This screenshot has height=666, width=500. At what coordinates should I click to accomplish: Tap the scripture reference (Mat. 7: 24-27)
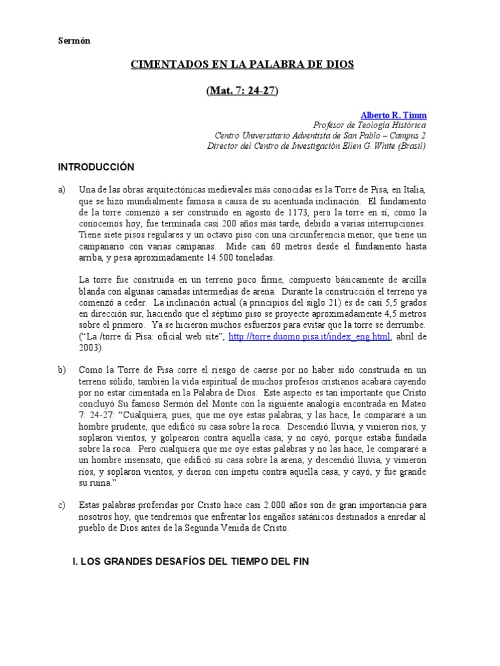click(x=243, y=90)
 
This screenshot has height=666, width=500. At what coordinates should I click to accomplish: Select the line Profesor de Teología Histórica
click(x=370, y=125)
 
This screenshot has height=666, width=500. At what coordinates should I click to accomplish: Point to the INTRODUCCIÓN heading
click(x=96, y=167)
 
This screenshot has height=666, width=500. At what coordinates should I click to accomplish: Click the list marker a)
click(x=62, y=189)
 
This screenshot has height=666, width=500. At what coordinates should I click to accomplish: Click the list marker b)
click(x=62, y=369)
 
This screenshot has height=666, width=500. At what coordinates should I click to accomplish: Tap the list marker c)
click(x=62, y=505)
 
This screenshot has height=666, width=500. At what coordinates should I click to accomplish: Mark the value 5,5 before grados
click(x=390, y=302)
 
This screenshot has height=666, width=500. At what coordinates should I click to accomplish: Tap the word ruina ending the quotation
click(x=104, y=482)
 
